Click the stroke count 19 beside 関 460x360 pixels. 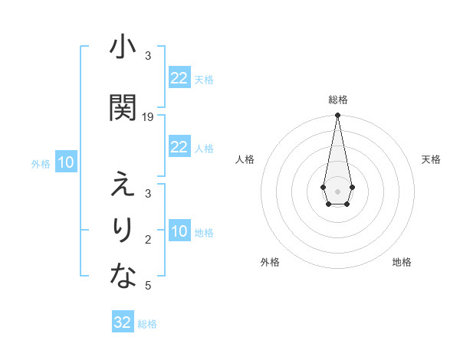[148, 116]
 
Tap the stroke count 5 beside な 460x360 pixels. [148, 286]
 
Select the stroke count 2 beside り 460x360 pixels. [148, 240]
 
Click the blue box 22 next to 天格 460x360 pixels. [179, 78]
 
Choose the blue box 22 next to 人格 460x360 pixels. [179, 147]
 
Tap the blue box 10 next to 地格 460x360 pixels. [179, 231]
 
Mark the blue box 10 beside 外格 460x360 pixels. [66, 162]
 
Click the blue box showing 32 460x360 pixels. [123, 322]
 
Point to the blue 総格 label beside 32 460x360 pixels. [147, 324]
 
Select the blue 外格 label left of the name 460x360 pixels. [41, 163]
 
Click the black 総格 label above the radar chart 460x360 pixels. [337, 100]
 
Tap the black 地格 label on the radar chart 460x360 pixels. [402, 262]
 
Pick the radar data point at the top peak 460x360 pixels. [337, 115]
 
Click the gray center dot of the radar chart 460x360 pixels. [337, 190]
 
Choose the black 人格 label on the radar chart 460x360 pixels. [245, 159]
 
